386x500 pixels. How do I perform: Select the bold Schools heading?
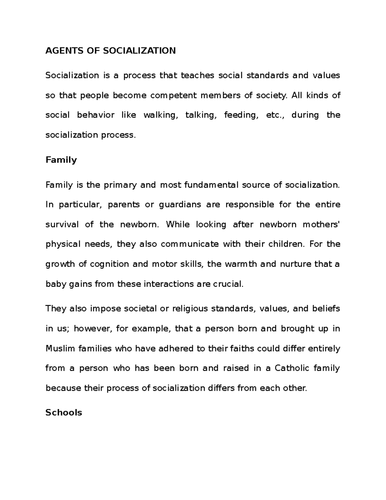[64, 412]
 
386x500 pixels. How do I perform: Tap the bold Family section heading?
[61, 160]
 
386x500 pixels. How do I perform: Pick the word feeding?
[241, 115]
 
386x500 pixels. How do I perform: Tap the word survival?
[62, 224]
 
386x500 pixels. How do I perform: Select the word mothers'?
[321, 224]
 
